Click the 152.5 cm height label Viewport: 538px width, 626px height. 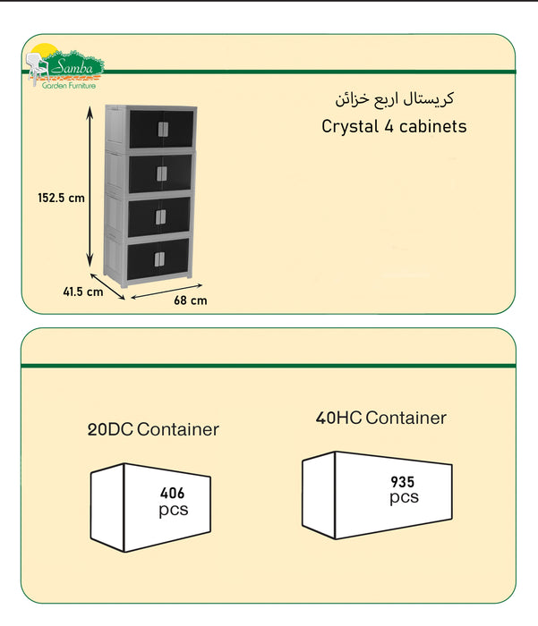coord(61,198)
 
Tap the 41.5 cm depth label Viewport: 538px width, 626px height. coord(83,292)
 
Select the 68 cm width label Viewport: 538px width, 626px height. coord(191,300)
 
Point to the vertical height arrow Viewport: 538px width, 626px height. coord(90,186)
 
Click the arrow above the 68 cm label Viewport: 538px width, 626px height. coord(167,291)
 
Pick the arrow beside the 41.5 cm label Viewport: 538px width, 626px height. coord(107,286)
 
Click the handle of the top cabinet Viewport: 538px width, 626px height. coord(163,130)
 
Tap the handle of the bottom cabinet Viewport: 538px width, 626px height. coord(159,259)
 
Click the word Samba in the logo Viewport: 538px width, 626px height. coord(73,67)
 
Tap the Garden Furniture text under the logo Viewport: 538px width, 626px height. coord(69,86)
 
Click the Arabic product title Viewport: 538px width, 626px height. coord(395,99)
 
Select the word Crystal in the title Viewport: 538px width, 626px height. coord(350,127)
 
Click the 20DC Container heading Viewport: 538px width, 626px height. coord(153,429)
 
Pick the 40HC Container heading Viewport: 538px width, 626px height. coord(381,418)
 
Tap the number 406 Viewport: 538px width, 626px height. coord(172,494)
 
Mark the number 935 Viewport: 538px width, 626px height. coord(403,482)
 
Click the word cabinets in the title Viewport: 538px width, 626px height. coord(433,127)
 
